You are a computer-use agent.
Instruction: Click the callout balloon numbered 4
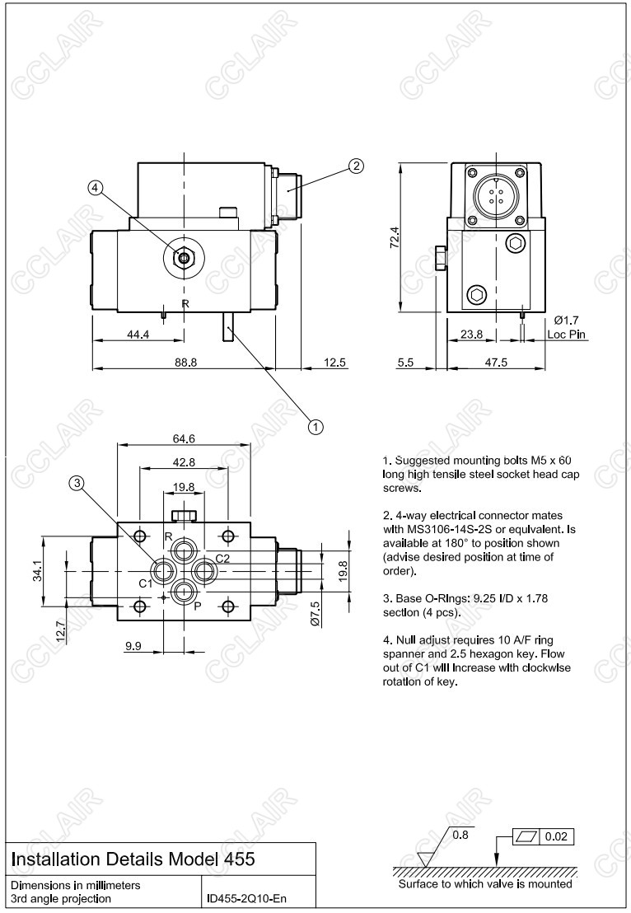96,188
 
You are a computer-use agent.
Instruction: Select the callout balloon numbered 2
355,166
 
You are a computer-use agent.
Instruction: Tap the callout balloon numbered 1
315,426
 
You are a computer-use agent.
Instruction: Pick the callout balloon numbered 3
77,485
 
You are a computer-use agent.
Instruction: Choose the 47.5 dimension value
496,363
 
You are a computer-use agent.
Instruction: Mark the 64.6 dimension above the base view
183,438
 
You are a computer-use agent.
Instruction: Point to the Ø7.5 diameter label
315,614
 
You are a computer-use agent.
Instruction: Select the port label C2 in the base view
222,558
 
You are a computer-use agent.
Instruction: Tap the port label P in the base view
197,605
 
